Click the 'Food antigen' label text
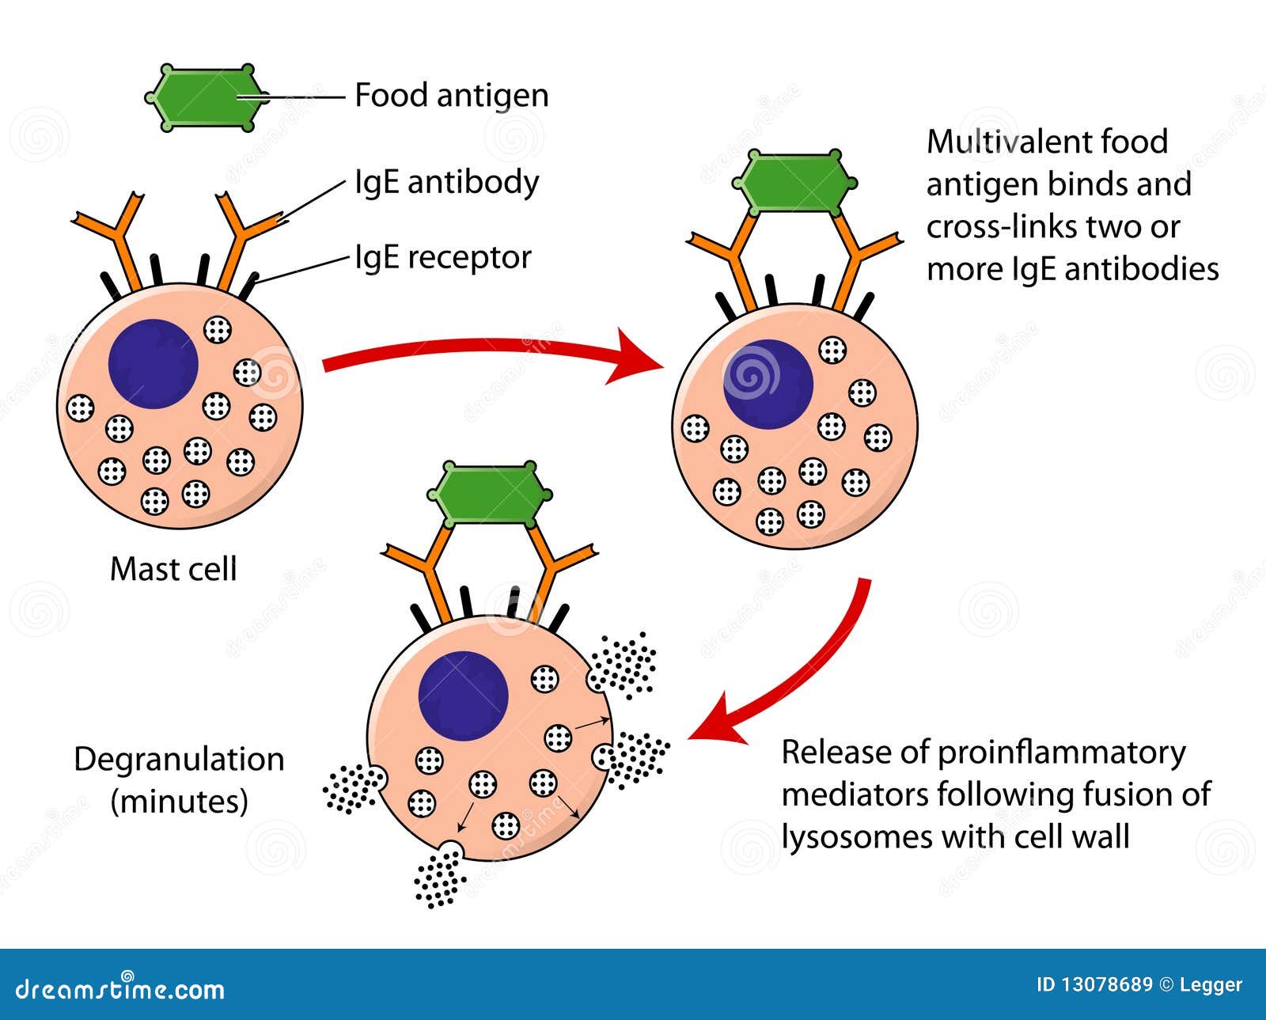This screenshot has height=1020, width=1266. (451, 96)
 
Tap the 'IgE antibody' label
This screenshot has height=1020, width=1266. (446, 183)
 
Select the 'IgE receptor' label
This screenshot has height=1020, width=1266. (442, 258)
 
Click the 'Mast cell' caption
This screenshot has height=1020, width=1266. (173, 569)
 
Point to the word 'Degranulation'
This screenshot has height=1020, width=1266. (179, 760)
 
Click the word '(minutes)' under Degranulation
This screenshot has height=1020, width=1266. (179, 802)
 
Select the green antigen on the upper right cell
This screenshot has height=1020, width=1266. (795, 184)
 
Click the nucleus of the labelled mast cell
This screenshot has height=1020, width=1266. (153, 364)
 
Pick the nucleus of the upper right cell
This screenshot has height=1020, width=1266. (768, 385)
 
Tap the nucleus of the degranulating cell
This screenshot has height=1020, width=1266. (463, 696)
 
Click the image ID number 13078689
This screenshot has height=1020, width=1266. (1105, 984)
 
